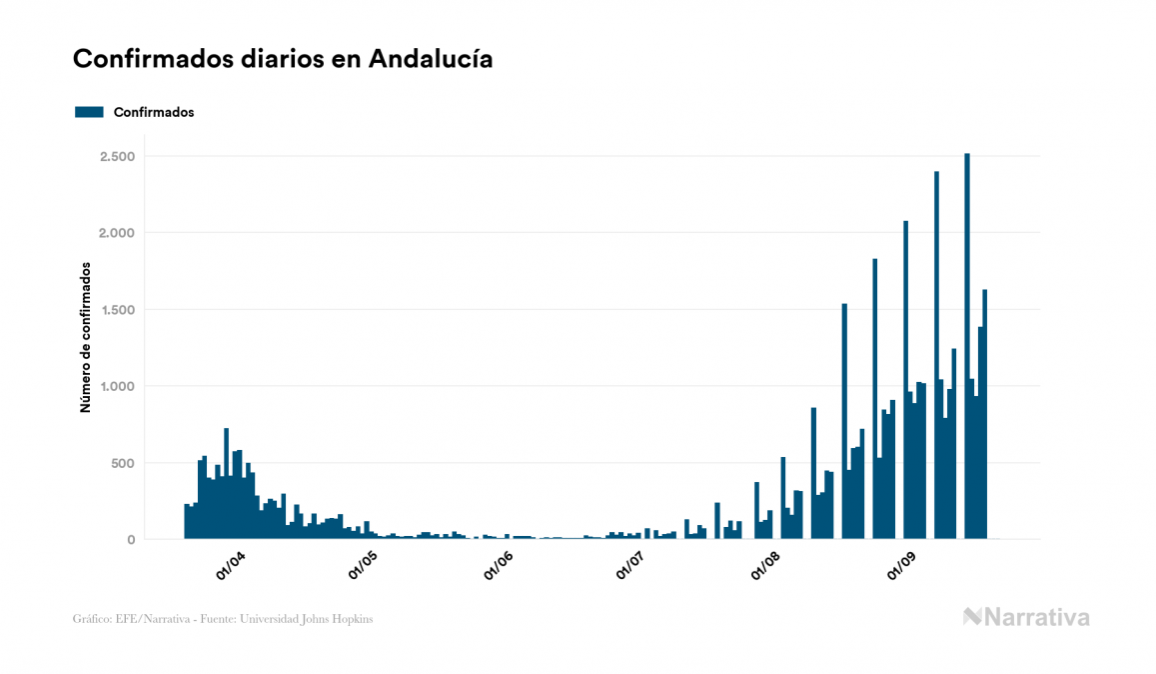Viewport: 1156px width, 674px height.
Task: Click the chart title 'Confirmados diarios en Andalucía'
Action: (x=283, y=59)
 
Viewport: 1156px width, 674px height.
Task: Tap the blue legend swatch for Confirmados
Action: (x=89, y=112)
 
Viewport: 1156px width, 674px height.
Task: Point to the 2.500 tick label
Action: (x=117, y=157)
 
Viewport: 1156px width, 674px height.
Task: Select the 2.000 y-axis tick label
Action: (x=117, y=233)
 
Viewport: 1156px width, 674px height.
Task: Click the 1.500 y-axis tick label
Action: (x=117, y=310)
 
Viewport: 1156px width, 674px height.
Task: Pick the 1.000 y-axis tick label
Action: (x=117, y=387)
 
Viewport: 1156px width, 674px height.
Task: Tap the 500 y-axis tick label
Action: (x=122, y=463)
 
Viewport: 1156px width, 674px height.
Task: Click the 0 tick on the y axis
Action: (x=130, y=540)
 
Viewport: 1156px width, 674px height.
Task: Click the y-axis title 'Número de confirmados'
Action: (x=86, y=338)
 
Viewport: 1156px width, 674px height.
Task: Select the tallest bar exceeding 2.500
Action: (x=967, y=345)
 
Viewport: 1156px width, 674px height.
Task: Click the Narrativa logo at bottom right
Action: (x=1026, y=617)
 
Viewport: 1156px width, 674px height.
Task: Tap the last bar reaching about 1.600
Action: (x=985, y=414)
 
